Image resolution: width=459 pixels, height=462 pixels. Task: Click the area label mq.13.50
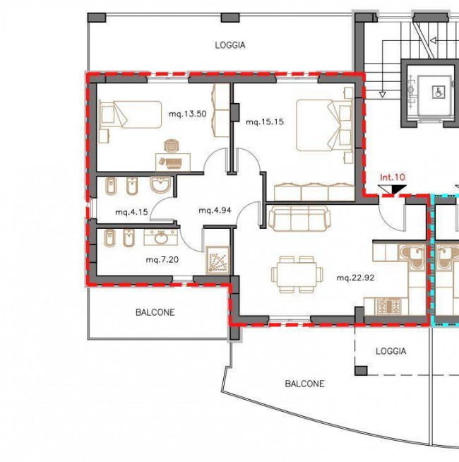187,114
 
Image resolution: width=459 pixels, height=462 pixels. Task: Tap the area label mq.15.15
265,122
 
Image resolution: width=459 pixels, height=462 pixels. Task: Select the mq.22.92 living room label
355,278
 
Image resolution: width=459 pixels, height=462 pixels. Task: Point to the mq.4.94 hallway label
215,211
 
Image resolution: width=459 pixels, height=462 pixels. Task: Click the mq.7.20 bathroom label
162,260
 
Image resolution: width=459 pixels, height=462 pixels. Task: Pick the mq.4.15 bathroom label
131,212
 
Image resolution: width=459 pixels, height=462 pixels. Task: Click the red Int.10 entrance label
393,177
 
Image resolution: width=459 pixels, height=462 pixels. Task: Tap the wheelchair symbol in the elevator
437,92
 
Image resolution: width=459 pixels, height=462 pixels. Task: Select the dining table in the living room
297,275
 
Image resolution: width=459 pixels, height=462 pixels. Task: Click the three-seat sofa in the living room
300,218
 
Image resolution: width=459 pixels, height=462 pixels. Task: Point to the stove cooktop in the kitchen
389,306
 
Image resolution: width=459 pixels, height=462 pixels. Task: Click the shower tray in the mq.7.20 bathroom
217,260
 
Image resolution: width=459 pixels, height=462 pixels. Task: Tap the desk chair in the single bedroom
171,146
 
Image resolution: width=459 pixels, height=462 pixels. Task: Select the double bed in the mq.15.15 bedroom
325,125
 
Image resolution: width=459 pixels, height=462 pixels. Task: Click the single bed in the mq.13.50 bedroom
131,114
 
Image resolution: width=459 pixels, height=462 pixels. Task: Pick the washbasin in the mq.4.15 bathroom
160,185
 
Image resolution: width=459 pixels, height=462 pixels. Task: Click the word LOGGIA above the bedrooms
230,45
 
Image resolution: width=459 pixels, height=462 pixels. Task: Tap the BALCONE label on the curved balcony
304,384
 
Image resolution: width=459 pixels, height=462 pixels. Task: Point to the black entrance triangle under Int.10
398,189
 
